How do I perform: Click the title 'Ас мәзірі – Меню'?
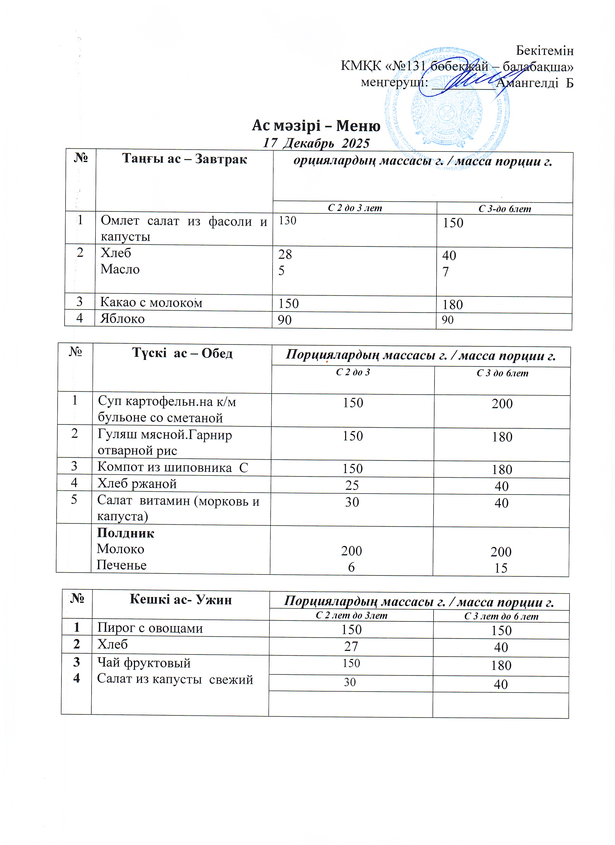pyautogui.click(x=316, y=126)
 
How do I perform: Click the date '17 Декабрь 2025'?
pyautogui.click(x=316, y=143)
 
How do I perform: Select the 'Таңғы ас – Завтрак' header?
pyautogui.click(x=185, y=159)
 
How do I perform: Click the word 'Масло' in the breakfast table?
pyautogui.click(x=120, y=269)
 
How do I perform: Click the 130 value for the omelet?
pyautogui.click(x=287, y=221)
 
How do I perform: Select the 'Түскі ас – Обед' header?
pyautogui.click(x=182, y=353)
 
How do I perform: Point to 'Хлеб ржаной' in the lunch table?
pyautogui.click(x=137, y=484)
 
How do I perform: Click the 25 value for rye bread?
pyautogui.click(x=352, y=485)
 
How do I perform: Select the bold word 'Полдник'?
pyautogui.click(x=125, y=533)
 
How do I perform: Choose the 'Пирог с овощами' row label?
pyautogui.click(x=150, y=628)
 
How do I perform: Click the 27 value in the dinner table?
pyautogui.click(x=351, y=646)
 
